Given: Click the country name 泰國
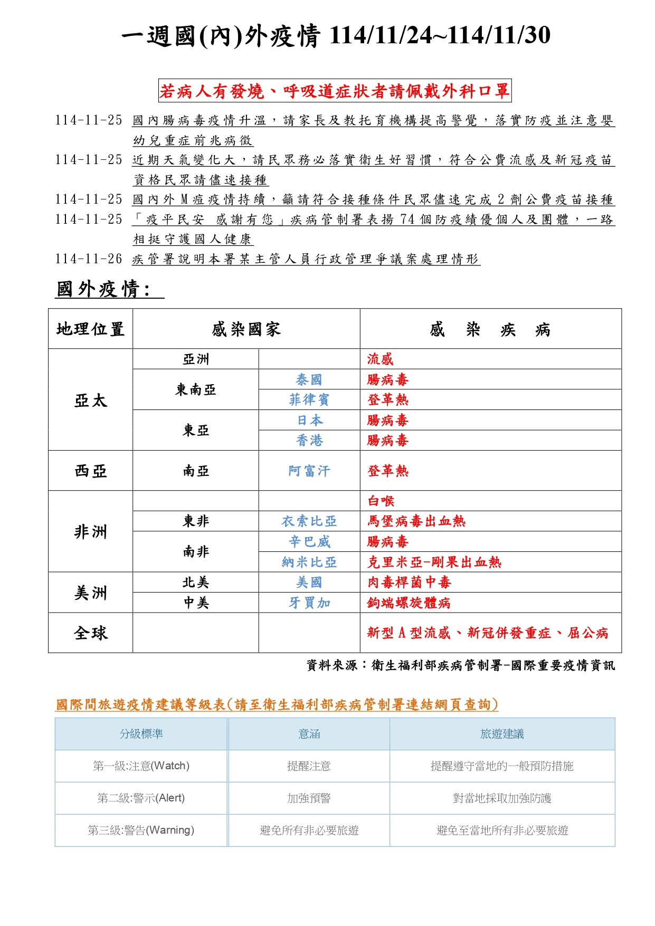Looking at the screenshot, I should tap(309, 379).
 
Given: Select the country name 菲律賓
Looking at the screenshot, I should tap(309, 400).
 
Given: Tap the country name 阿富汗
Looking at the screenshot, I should tap(309, 471).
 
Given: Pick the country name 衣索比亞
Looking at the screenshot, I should tap(309, 521).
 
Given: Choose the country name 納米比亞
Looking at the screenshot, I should tap(309, 562).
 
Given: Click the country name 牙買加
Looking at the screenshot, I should tap(309, 603).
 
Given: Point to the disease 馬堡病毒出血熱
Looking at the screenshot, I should tap(416, 521).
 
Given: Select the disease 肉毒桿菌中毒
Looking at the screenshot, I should tap(409, 583).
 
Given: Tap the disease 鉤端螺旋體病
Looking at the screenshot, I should tap(409, 603).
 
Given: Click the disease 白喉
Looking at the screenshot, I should tap(381, 501).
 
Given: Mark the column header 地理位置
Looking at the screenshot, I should tap(90, 329).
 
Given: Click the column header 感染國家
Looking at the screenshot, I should tap(246, 329).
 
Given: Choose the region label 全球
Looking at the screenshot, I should tap(90, 633).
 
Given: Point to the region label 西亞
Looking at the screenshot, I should tap(90, 471).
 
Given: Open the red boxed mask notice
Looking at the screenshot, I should tap(335, 91).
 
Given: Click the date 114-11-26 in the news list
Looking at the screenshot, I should tap(89, 259).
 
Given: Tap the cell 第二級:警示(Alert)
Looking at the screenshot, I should tap(141, 798).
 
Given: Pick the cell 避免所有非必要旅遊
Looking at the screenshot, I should tap(309, 830).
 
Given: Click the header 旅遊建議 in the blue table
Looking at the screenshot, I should tap(502, 734).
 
